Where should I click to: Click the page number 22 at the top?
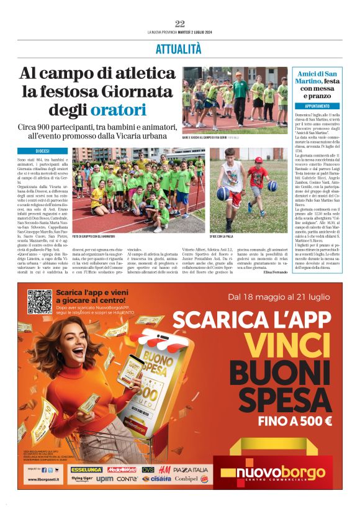click(180, 24)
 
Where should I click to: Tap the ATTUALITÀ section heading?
click(179, 48)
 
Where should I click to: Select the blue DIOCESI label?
click(42, 151)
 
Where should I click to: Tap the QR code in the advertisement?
click(39, 302)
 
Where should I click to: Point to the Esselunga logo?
click(86, 470)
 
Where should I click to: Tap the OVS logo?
click(148, 470)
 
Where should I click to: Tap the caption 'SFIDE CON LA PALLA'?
click(233, 236)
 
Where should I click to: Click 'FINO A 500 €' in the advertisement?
click(295, 420)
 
